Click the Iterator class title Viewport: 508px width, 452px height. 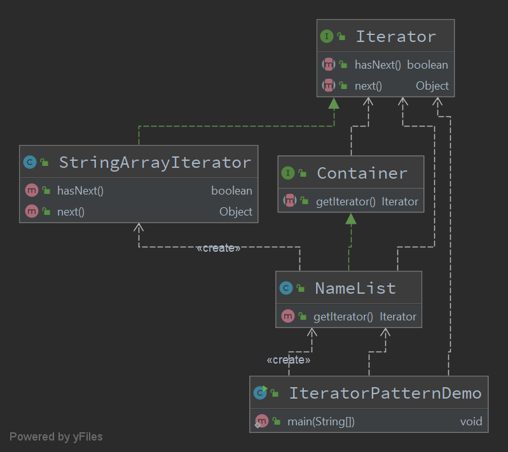coord(395,36)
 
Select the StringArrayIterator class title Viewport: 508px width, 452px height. coord(154,162)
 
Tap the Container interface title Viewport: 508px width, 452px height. coord(362,173)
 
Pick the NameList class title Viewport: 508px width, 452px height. coord(355,288)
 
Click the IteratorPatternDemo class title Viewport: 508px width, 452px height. coord(385,393)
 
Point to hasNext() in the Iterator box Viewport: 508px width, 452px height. coord(378,64)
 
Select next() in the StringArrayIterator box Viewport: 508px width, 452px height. coord(71,212)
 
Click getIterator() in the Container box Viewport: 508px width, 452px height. coord(346,202)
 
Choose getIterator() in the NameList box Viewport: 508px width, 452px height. coord(343,316)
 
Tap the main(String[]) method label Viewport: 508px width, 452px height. coord(322,421)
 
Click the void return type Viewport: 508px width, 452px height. coord(471,421)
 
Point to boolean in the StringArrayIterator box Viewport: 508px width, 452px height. coord(231,191)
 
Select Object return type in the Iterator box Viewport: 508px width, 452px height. coord(432,86)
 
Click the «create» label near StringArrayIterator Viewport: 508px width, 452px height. coord(218,248)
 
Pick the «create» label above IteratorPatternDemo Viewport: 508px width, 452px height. coord(288,360)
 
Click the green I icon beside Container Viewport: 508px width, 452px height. coord(287,173)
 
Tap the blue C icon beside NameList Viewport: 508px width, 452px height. coord(286,288)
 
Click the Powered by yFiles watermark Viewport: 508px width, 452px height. coord(56,437)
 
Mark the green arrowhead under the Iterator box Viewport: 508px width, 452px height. coord(333,104)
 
